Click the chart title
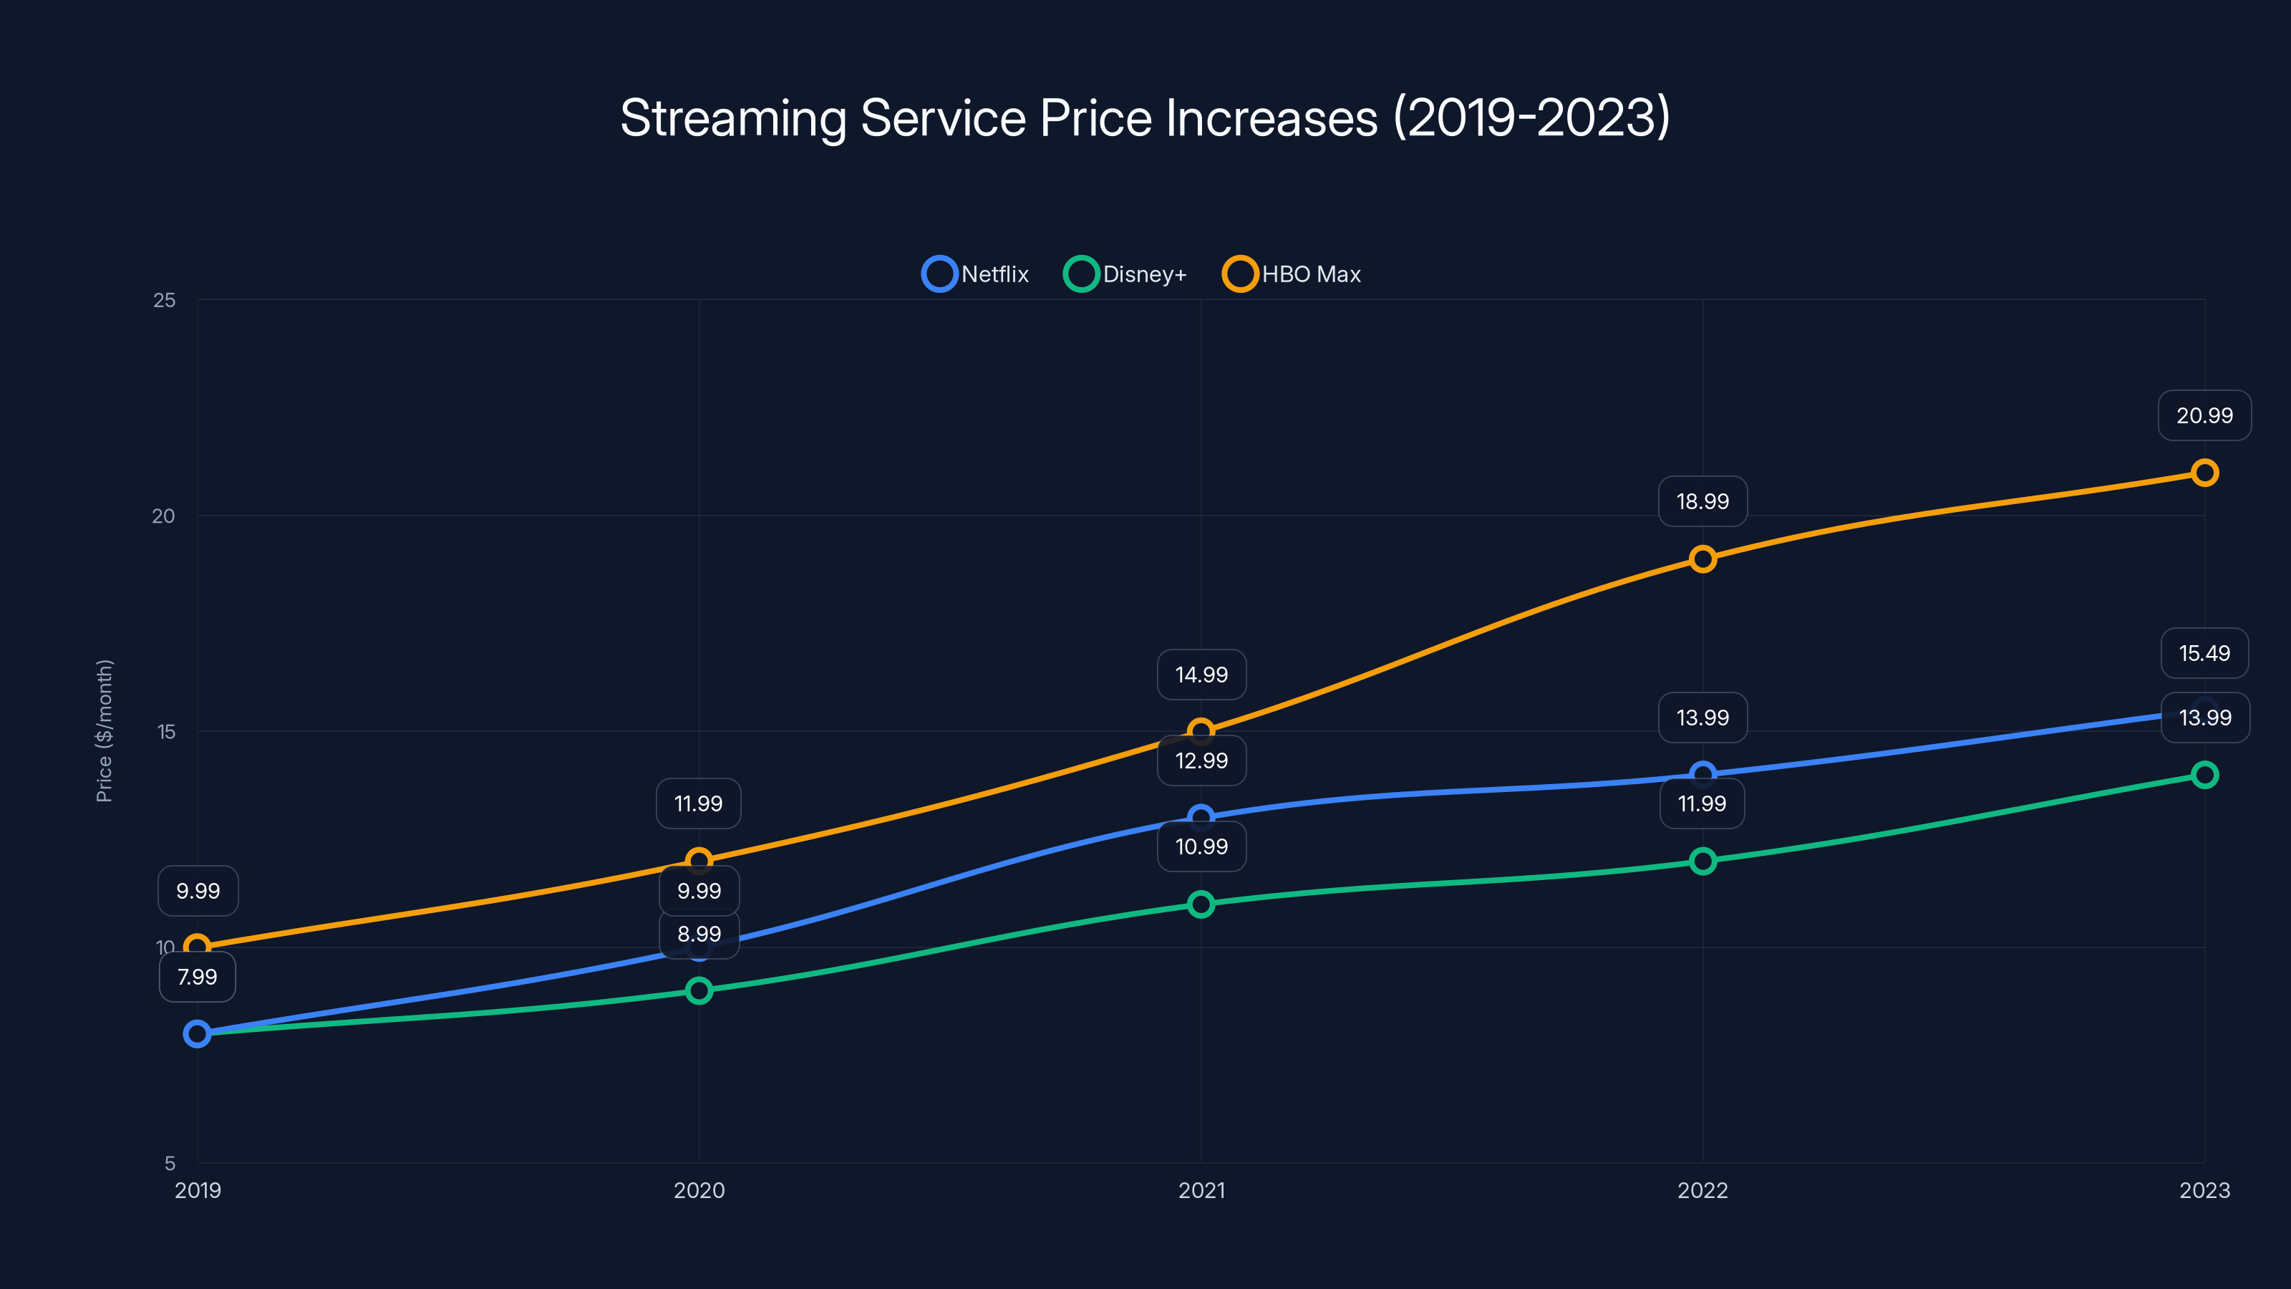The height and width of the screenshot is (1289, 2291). tap(1145, 117)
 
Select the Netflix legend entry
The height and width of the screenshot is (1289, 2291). tap(976, 274)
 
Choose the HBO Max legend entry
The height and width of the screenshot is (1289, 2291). tap(1292, 274)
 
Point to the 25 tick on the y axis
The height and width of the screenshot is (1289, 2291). tap(165, 301)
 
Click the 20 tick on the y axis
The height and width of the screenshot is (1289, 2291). tap(164, 516)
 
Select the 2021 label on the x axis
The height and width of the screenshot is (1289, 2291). tap(1201, 1190)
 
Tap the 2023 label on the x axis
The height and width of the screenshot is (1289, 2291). tap(2204, 1190)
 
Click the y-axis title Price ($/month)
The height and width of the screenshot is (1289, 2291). tap(104, 730)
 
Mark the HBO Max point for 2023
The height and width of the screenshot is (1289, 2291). tap(2204, 473)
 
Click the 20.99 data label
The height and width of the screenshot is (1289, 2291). tap(2204, 415)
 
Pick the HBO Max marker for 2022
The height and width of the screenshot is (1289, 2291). tap(1702, 559)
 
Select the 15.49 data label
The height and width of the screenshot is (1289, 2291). tap(2204, 653)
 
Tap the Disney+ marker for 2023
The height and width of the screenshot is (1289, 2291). tap(2204, 775)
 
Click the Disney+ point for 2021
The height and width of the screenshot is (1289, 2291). tap(1201, 904)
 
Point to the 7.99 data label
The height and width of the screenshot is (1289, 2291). tap(198, 977)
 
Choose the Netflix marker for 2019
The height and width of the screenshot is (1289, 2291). tap(198, 1033)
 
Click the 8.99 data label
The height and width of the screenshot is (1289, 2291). tap(699, 934)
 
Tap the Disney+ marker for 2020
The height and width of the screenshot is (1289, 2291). tap(699, 990)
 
